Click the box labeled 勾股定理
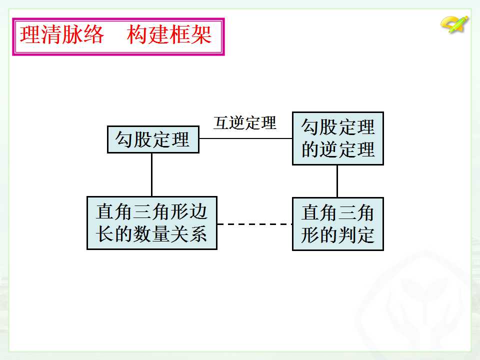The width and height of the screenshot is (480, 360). point(153,139)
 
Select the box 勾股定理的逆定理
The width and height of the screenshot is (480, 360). point(338,138)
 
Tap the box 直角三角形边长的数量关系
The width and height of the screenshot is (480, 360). point(152,223)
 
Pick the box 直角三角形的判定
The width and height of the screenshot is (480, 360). point(338,224)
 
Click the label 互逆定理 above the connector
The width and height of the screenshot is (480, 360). point(245,123)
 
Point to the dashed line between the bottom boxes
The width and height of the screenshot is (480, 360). point(254,224)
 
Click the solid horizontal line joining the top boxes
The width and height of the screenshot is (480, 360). point(246,138)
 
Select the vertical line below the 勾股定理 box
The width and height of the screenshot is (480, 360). point(152,175)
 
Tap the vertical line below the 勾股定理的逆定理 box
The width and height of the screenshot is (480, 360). point(337,181)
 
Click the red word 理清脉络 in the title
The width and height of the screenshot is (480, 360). point(62,34)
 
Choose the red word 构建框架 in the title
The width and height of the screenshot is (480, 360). point(169,34)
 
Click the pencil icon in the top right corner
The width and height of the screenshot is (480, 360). point(455,24)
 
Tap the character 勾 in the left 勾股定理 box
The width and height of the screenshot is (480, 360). point(124,139)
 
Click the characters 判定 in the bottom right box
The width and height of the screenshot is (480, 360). point(356,235)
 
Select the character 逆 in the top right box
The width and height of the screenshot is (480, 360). point(328,149)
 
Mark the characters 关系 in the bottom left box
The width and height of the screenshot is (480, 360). point(188,234)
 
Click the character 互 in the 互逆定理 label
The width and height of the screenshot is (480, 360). point(221,123)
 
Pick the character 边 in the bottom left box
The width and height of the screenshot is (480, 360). point(198,212)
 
